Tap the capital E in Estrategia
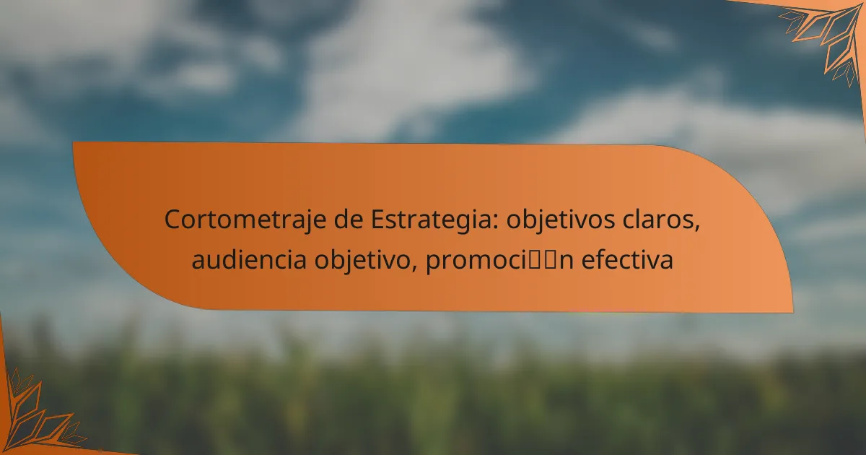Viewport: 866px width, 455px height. [x=377, y=220]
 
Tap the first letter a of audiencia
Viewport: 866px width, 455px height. [x=198, y=261]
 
